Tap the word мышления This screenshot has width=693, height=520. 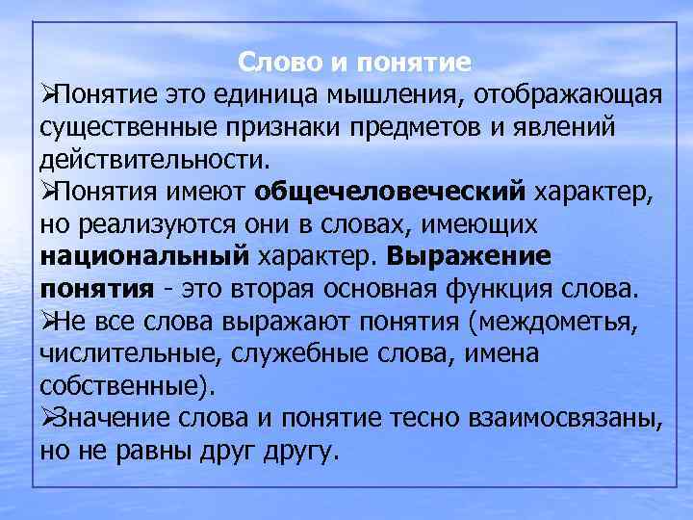click(x=381, y=95)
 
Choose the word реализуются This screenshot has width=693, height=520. click(x=165, y=224)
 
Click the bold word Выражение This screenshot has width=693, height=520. click(x=470, y=257)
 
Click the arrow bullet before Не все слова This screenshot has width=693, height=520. click(x=49, y=322)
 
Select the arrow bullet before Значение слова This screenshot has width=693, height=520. click(x=49, y=418)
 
